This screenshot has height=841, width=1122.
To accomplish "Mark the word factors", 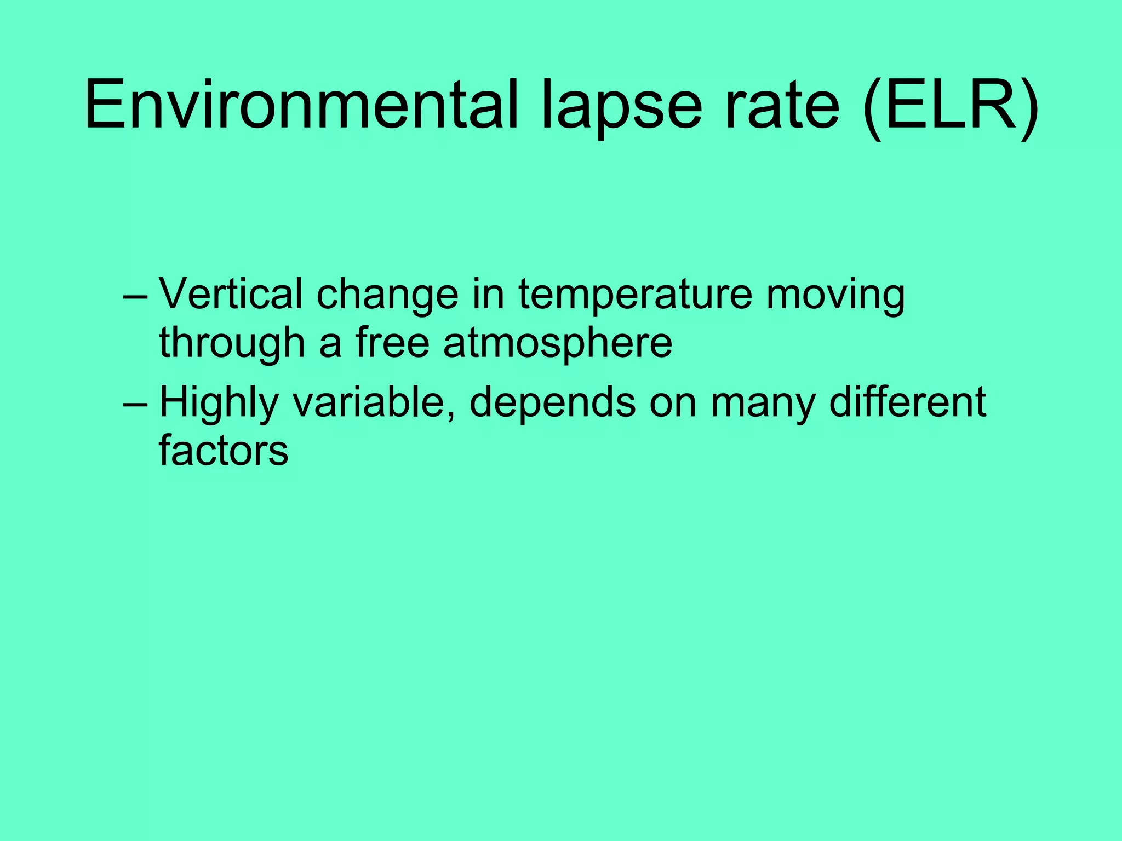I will tap(224, 450).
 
